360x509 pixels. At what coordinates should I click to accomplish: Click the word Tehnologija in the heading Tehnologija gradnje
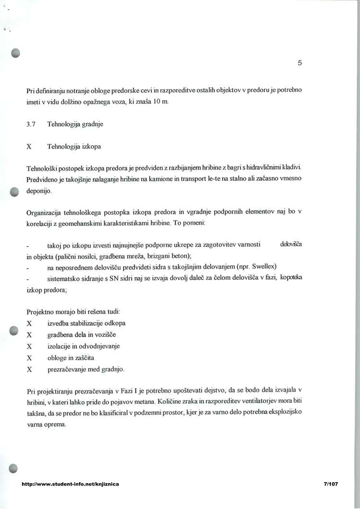(x=64, y=124)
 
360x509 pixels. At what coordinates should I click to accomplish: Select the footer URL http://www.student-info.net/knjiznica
(x=71, y=484)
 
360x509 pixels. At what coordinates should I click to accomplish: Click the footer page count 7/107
(x=331, y=484)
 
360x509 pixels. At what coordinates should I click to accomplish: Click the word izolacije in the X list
(x=60, y=346)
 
